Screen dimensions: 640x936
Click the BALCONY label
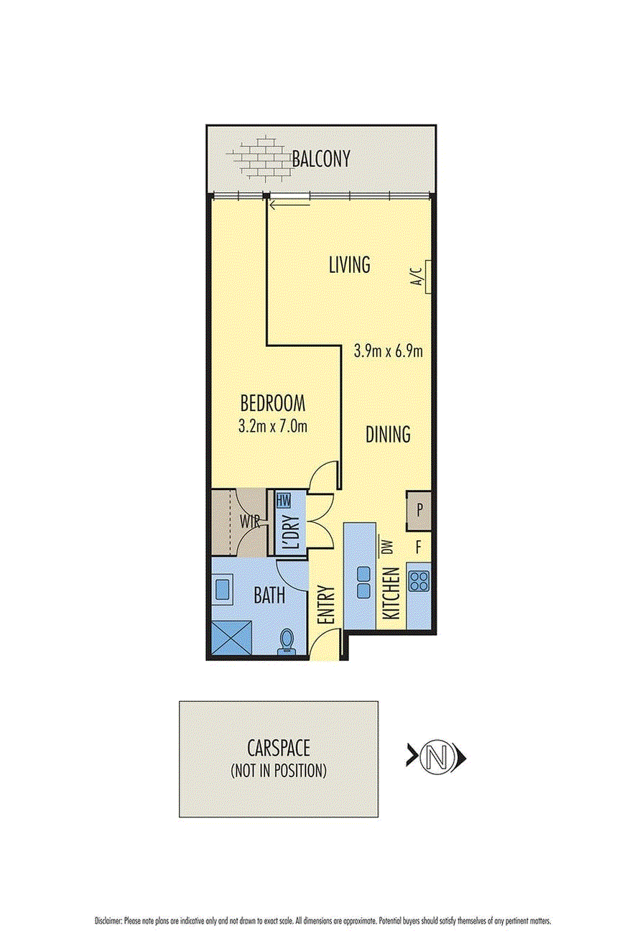pyautogui.click(x=320, y=159)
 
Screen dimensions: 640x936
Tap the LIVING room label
pyautogui.click(x=349, y=265)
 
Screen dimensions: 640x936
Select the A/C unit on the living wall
pyautogui.click(x=428, y=277)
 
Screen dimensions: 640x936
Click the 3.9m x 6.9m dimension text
pyautogui.click(x=388, y=351)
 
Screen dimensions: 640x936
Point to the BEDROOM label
pyautogui.click(x=273, y=403)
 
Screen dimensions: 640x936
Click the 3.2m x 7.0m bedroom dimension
pyautogui.click(x=273, y=426)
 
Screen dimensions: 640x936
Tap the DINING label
pyautogui.click(x=388, y=434)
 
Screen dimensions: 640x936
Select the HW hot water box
pyautogui.click(x=284, y=501)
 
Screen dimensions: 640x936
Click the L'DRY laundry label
pyautogui.click(x=294, y=532)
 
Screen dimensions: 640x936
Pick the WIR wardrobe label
pyautogui.click(x=249, y=522)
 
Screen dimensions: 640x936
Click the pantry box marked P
pyautogui.click(x=419, y=511)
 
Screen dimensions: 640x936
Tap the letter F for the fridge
pyautogui.click(x=419, y=547)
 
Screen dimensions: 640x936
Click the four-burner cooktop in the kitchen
pyautogui.click(x=419, y=581)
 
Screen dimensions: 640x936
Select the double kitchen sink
pyautogui.click(x=364, y=582)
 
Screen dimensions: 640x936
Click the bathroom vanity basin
pyautogui.click(x=222, y=589)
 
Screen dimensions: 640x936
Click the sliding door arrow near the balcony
pyautogui.click(x=290, y=205)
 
